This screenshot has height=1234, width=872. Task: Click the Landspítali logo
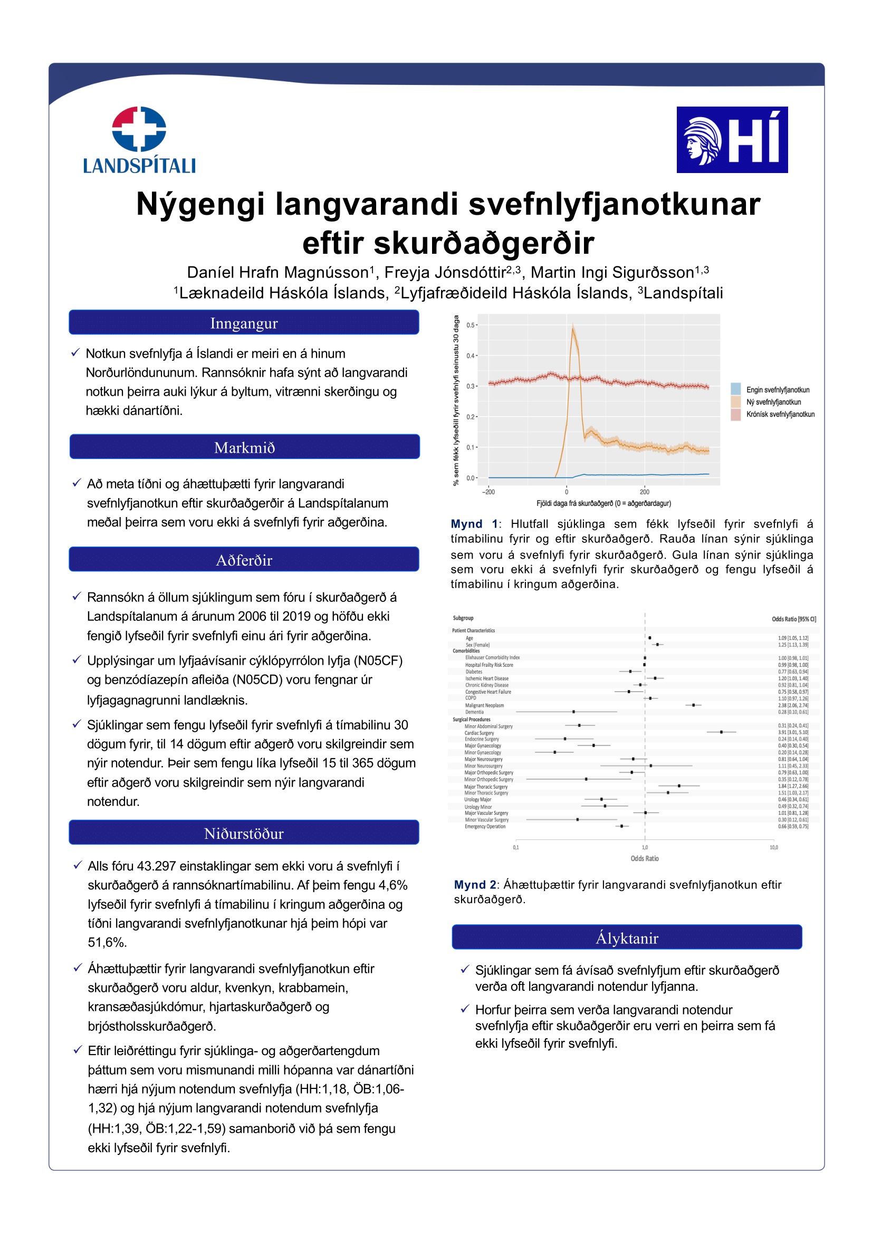click(x=139, y=140)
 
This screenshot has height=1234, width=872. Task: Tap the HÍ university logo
click(x=732, y=140)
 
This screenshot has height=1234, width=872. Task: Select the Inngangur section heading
click(x=244, y=323)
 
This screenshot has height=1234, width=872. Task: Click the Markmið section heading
click(x=244, y=447)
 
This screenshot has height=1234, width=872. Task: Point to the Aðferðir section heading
click(x=244, y=560)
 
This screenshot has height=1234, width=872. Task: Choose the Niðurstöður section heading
click(x=244, y=834)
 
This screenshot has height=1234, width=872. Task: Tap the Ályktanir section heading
click(x=627, y=939)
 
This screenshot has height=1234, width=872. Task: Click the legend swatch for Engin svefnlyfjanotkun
click(x=735, y=389)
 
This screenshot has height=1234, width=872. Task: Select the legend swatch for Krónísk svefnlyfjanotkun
click(x=735, y=414)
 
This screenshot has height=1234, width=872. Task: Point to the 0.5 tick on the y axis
click(x=471, y=325)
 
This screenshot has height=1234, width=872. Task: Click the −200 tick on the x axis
click(x=488, y=492)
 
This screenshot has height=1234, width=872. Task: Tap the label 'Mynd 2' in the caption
click(x=475, y=885)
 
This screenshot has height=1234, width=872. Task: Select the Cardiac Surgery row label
click(x=479, y=733)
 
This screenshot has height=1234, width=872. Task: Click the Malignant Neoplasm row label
click(x=485, y=705)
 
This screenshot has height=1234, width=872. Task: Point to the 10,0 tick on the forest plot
click(x=774, y=848)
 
